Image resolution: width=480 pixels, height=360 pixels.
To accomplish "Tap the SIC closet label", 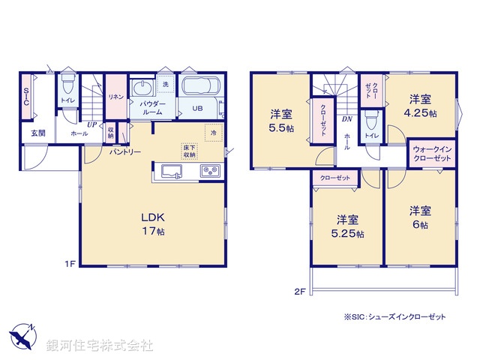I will (25, 100).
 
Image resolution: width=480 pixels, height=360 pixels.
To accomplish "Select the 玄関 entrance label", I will (37, 133).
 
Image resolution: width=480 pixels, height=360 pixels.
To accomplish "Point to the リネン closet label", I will (115, 96).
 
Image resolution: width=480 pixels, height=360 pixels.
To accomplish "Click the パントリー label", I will (124, 151).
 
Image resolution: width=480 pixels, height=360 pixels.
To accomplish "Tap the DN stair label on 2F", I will (347, 118).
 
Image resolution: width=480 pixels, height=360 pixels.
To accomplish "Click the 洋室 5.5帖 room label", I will (281, 121).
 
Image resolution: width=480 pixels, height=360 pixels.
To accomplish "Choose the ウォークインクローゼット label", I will (432, 155).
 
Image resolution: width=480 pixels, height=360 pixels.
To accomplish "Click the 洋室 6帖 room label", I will (419, 218).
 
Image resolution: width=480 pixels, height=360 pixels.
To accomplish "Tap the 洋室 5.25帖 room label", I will (347, 226).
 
